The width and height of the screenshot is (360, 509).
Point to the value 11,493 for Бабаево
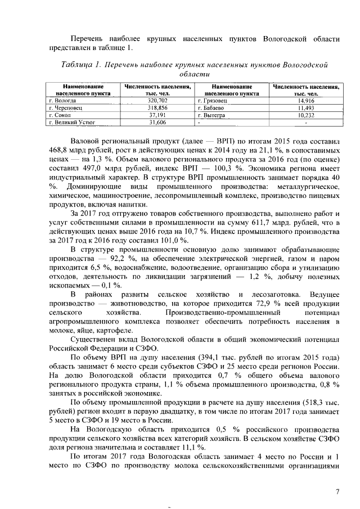tap(306, 107)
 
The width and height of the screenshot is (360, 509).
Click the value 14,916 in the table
tap(306, 100)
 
